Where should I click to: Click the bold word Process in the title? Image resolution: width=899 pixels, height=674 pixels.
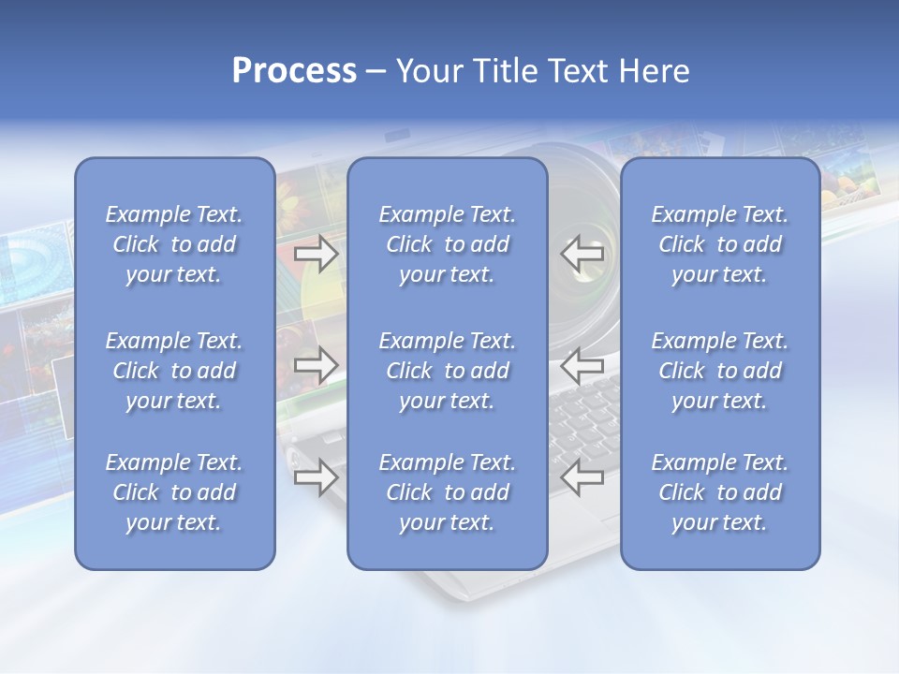click(294, 71)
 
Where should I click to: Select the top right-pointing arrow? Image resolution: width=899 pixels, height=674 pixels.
click(316, 254)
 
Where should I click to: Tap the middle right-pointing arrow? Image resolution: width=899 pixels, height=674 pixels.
click(316, 365)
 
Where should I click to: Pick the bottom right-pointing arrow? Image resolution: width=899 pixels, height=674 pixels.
click(316, 477)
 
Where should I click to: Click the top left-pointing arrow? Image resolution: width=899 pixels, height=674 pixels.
click(582, 254)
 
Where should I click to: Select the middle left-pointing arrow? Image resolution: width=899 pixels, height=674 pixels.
click(582, 365)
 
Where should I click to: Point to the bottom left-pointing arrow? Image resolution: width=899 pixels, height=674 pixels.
click(582, 477)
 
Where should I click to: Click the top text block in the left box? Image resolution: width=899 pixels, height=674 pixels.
click(174, 244)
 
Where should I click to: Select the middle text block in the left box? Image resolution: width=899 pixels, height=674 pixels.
click(174, 371)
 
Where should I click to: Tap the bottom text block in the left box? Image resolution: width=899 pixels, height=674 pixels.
click(174, 492)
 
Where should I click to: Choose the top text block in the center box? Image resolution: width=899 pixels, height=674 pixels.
click(448, 244)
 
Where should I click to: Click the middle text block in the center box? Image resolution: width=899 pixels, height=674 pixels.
click(448, 371)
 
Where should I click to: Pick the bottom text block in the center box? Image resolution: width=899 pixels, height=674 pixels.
click(448, 492)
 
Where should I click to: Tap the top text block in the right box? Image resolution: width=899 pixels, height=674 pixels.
click(720, 244)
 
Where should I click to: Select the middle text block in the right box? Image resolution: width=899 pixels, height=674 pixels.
click(720, 371)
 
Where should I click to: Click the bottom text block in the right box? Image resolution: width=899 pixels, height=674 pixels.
click(720, 492)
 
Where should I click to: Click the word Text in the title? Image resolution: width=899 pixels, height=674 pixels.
click(577, 71)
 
